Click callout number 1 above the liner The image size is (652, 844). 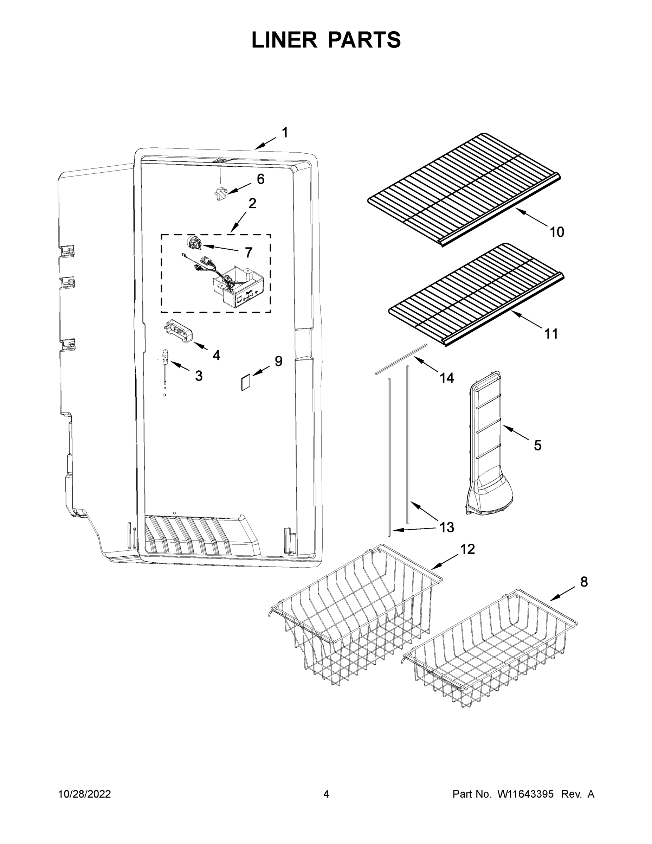tap(285, 133)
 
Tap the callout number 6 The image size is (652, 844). tap(261, 179)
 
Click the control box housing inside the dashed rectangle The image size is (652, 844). tap(237, 288)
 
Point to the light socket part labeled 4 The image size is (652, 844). tap(179, 331)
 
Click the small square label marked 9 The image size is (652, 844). tap(246, 383)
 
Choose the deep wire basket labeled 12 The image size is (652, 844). tap(355, 614)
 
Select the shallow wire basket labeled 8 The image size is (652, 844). tap(491, 653)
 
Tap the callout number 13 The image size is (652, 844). tap(447, 527)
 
